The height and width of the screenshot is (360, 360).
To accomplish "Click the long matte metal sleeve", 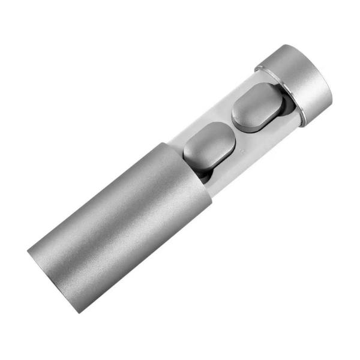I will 120,222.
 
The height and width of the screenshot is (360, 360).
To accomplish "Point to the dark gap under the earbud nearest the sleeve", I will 204,175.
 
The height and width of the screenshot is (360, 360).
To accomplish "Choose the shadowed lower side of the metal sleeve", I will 150,252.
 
